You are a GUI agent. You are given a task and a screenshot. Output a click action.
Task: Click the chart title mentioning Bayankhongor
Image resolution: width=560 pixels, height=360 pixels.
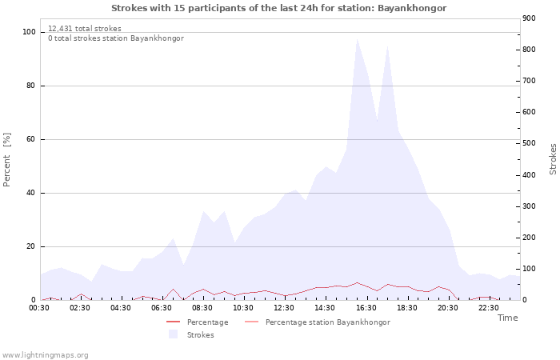[x=278, y=8]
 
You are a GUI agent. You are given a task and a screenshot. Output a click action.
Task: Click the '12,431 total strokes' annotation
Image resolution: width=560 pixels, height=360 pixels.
[x=85, y=29]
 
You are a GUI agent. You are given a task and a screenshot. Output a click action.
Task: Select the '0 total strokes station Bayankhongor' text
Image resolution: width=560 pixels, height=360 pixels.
[x=115, y=38]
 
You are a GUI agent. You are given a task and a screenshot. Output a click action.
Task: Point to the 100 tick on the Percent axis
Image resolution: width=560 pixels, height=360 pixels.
[x=29, y=32]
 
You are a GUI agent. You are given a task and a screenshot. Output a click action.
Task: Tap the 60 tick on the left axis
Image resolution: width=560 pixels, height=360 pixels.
[x=31, y=139]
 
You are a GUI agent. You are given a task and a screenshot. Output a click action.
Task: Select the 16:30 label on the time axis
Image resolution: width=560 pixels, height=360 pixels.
[x=366, y=307]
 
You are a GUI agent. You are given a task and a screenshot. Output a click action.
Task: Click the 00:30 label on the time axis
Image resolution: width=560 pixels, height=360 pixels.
[x=39, y=307]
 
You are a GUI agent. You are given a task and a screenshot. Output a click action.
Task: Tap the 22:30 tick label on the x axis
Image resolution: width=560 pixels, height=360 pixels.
[x=488, y=307]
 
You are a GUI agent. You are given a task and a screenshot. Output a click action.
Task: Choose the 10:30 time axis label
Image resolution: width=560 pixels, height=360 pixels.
[x=243, y=307]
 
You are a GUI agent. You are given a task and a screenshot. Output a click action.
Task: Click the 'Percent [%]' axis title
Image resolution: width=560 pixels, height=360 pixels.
[x=8, y=160]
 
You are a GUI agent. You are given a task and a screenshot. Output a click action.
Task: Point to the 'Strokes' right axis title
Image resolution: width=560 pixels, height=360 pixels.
[x=553, y=158]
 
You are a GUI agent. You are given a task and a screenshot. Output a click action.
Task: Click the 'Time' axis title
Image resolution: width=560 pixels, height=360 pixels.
[x=507, y=318]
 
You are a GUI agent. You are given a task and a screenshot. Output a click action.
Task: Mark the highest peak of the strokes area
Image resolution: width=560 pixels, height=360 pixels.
[x=357, y=38]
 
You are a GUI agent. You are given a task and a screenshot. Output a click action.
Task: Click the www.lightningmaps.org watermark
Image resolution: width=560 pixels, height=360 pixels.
[x=46, y=354]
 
